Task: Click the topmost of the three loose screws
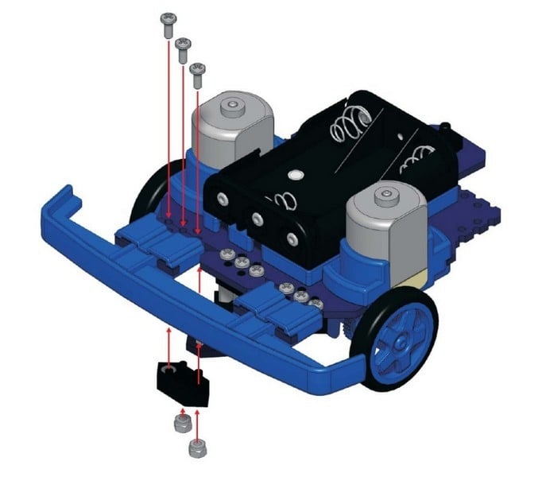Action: tap(167, 21)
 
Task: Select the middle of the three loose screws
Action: tap(182, 44)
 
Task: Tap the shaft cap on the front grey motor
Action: tap(386, 194)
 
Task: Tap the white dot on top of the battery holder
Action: tap(295, 173)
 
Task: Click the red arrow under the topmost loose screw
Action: tap(168, 119)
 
